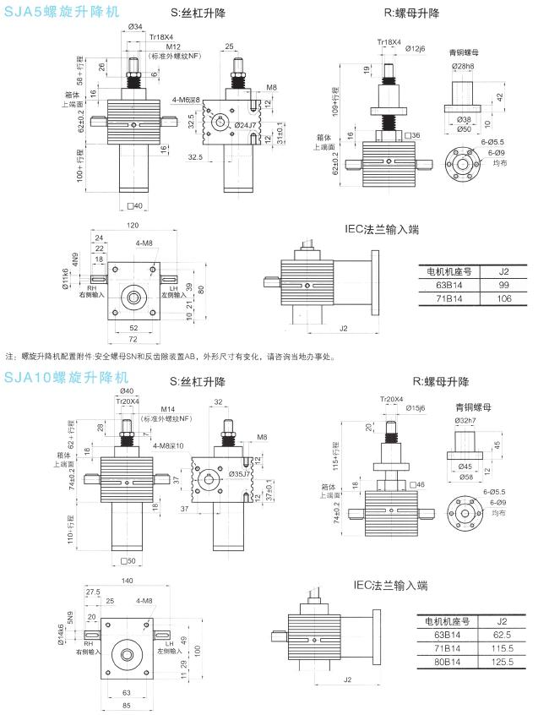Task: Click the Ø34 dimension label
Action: [x=135, y=27]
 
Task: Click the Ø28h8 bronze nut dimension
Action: [x=463, y=65]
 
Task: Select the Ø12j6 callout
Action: [x=416, y=48]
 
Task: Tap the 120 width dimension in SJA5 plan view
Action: [x=133, y=227]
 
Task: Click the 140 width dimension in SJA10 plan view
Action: [x=128, y=581]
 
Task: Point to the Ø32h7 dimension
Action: [x=465, y=419]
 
